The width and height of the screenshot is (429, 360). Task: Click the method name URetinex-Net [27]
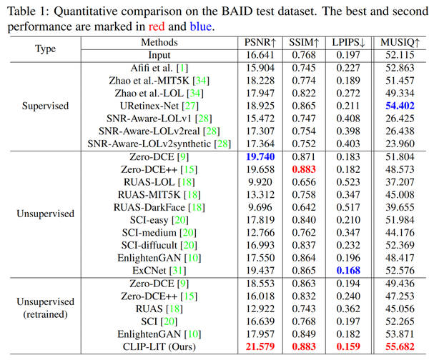tap(159, 105)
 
